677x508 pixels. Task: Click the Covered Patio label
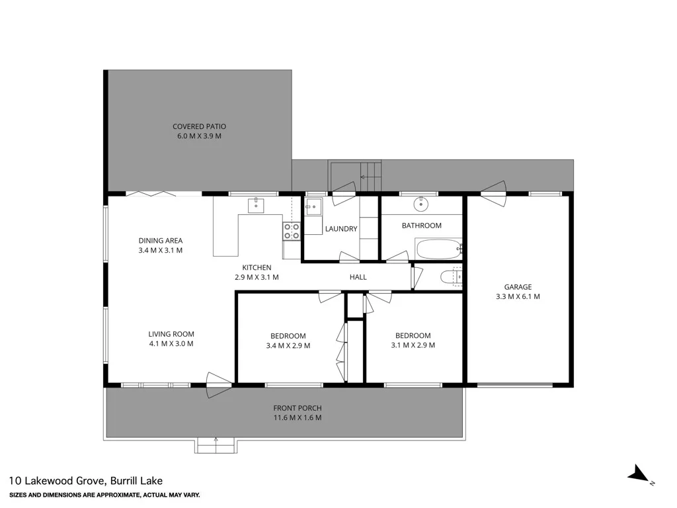coord(199,126)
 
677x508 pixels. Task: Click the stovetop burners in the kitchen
coord(292,230)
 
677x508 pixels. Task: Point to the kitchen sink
coord(256,205)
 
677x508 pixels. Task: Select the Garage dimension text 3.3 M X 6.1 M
coord(518,296)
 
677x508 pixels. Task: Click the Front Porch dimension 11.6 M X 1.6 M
coord(298,417)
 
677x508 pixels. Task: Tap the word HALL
coord(358,277)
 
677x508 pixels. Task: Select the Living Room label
coord(171,334)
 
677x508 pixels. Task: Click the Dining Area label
coord(161,241)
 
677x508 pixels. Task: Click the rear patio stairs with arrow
coord(370,177)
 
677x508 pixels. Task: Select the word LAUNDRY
coord(341,229)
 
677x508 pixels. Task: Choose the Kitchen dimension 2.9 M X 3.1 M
coord(257,277)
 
